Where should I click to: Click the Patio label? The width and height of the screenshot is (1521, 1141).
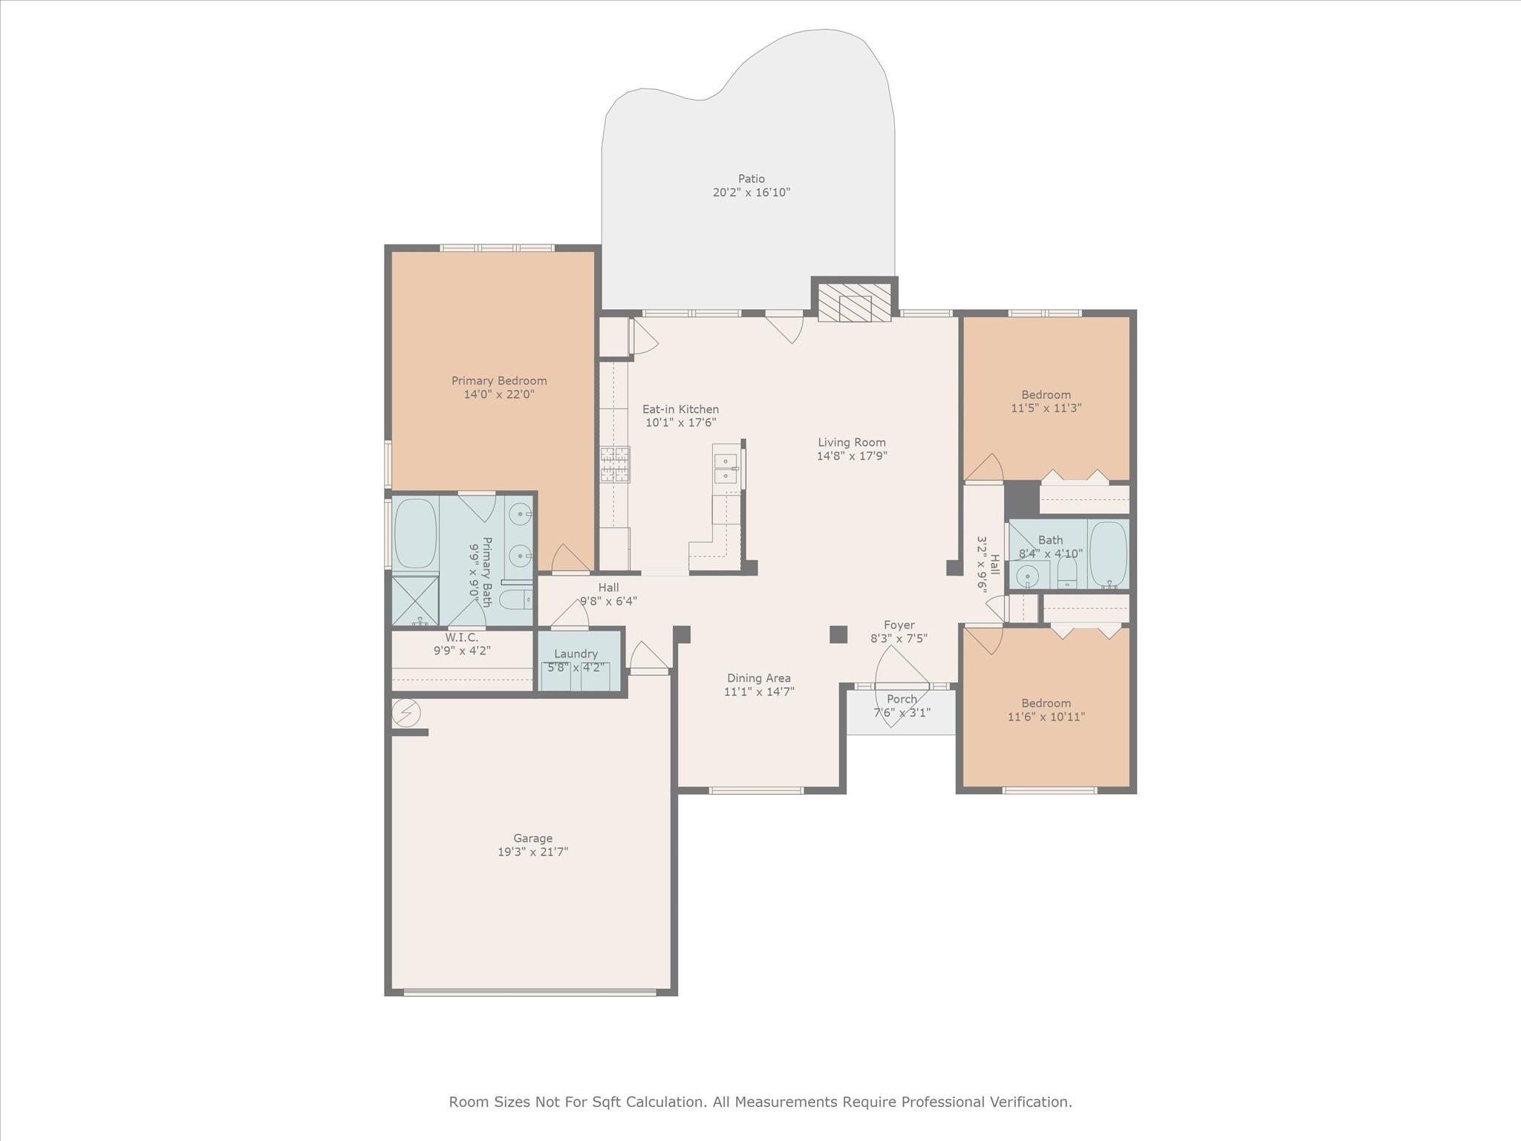[x=751, y=178]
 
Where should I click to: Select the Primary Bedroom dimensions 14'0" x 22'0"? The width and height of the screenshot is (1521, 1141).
[x=499, y=394]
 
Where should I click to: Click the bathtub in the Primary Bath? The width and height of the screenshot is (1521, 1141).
[x=414, y=533]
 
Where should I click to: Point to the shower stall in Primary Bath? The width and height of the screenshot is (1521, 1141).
[x=414, y=600]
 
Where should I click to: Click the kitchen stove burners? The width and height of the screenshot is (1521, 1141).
[x=615, y=464]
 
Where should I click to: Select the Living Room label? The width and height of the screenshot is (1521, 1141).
[x=852, y=443]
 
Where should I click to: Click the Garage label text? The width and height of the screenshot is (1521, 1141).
[x=532, y=839]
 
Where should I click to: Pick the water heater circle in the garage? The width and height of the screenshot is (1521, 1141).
[x=406, y=713]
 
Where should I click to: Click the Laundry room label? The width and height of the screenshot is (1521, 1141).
[x=576, y=654]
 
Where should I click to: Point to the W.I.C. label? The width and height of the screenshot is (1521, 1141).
[x=462, y=637]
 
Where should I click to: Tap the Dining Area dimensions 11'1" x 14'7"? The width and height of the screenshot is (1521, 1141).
[x=759, y=692]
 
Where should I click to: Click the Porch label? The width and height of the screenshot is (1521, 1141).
[x=902, y=699]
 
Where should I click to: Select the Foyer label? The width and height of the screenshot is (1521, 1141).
[x=899, y=625]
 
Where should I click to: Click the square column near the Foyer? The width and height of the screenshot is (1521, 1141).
[x=838, y=634]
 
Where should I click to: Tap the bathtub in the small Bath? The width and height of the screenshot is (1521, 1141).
[x=1108, y=554]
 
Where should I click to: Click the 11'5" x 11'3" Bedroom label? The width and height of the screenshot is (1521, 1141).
[x=1046, y=395]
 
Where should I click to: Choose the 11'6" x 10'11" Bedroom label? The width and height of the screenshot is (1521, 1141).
[x=1046, y=703]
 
